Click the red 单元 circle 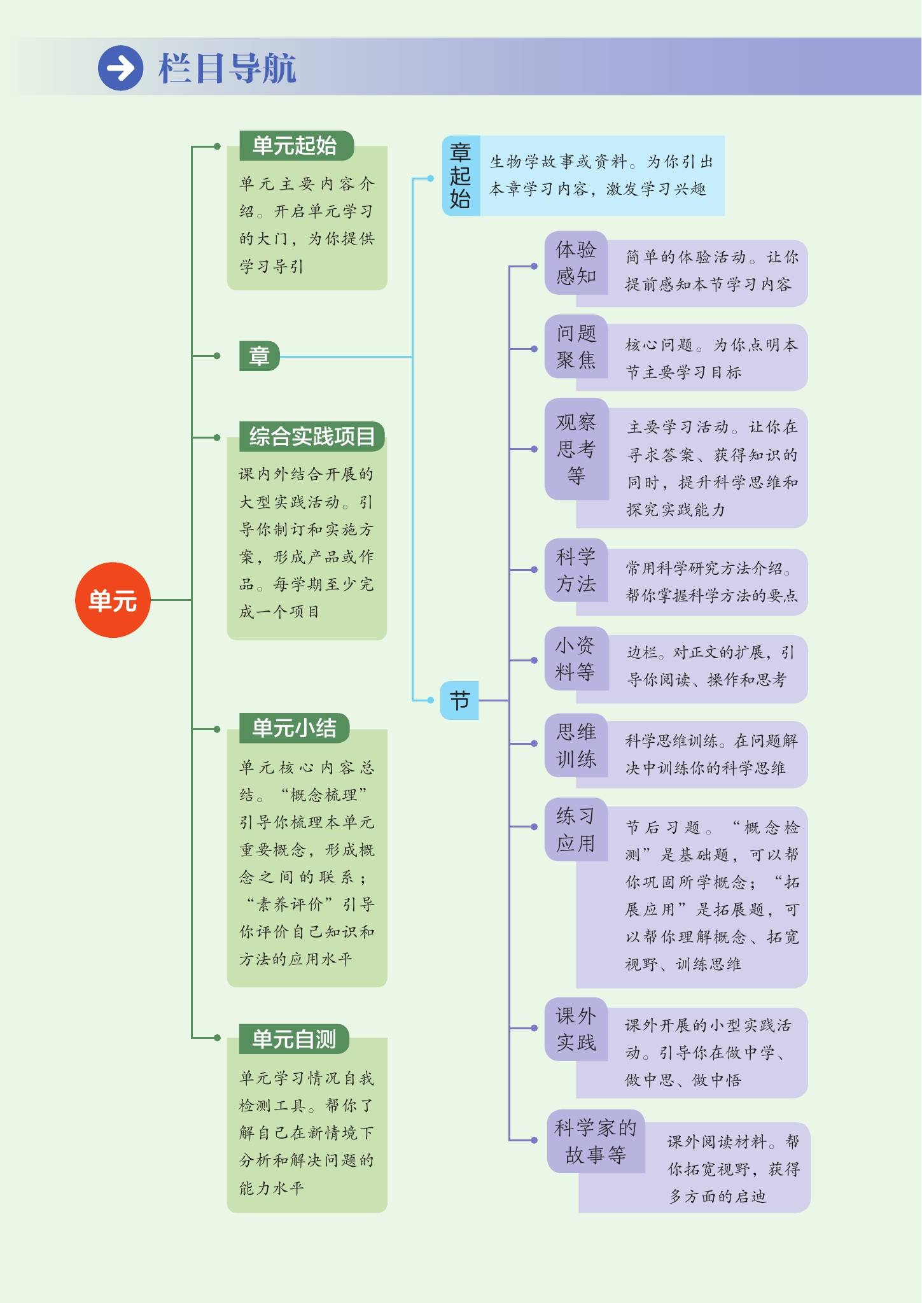(113, 600)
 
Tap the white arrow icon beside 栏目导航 (120, 68)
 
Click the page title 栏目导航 (227, 68)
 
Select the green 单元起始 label (295, 146)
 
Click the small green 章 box (259, 356)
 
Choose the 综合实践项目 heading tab (312, 437)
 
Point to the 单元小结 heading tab (294, 728)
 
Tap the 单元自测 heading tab (294, 1039)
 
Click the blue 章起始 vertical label (461, 176)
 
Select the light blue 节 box (459, 700)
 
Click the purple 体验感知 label (576, 263)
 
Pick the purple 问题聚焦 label (576, 347)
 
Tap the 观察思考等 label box (576, 449)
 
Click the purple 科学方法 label (576, 570)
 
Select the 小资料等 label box (576, 659)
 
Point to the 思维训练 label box (576, 745)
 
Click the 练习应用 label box (576, 829)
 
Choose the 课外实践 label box (576, 1029)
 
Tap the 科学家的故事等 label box (596, 1141)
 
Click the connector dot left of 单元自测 (218, 1038)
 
